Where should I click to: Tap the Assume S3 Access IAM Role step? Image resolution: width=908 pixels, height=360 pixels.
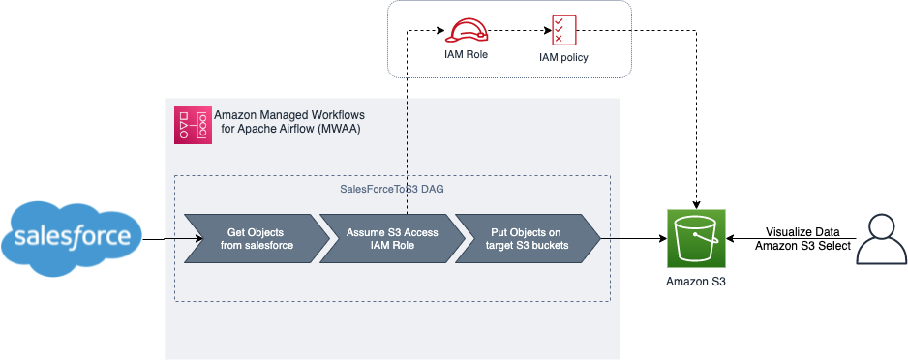point(392,239)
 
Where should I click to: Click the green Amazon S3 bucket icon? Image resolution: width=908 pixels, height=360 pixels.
point(696,239)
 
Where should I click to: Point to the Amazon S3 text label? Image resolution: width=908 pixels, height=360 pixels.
point(696,282)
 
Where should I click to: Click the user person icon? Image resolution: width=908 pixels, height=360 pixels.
point(880,239)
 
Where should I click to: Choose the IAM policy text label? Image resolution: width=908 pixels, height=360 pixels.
point(563,57)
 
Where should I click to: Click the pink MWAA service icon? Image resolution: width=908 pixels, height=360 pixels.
point(193,125)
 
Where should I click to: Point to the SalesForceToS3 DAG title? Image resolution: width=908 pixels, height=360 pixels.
point(392,189)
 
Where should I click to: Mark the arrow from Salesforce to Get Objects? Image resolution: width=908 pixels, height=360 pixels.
point(172,238)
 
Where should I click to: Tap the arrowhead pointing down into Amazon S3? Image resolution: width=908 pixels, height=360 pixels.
point(696,206)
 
